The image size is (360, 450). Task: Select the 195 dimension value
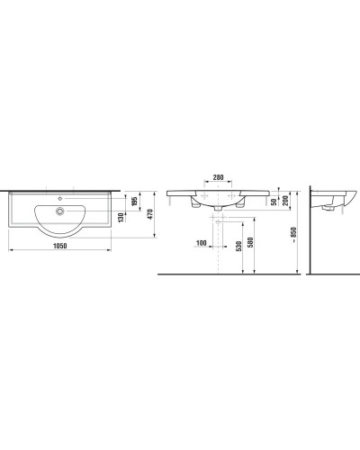(133, 201)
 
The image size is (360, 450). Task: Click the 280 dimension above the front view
(218, 178)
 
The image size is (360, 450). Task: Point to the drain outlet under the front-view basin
(220, 211)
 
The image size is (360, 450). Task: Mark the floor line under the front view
(225, 274)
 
